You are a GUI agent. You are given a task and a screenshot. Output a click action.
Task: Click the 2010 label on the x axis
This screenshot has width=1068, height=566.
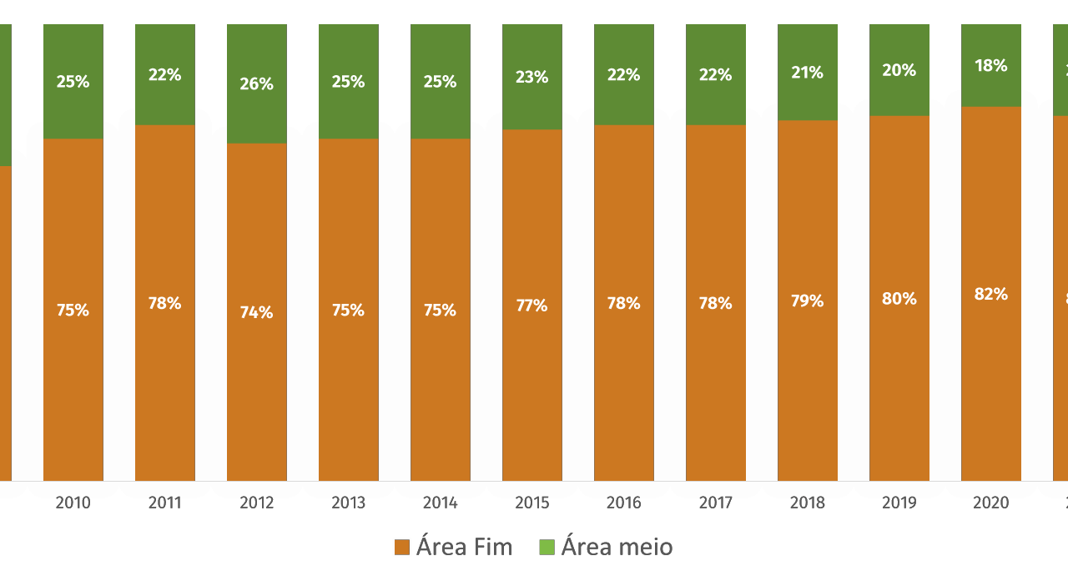(73, 503)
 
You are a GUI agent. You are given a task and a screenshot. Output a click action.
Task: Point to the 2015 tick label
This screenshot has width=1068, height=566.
(532, 503)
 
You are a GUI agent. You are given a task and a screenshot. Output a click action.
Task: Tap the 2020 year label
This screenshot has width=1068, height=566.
(991, 503)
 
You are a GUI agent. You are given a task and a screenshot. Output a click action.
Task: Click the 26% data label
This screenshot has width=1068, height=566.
(257, 84)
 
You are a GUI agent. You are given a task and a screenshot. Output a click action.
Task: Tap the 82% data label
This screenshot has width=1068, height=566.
(991, 295)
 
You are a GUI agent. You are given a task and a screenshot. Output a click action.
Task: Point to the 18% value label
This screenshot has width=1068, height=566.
(991, 66)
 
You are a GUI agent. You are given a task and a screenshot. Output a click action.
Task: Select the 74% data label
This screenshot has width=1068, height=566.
(257, 313)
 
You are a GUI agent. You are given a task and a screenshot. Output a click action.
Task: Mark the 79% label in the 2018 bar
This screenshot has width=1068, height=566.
(808, 301)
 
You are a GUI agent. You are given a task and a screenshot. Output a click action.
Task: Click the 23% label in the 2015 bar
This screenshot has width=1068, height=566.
(532, 78)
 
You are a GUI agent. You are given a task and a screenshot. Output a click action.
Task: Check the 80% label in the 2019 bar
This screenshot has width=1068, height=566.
(899, 299)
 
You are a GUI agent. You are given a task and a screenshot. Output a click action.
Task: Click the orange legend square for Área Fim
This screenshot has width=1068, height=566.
(402, 548)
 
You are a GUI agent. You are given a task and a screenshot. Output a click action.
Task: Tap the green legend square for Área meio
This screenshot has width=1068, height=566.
(547, 548)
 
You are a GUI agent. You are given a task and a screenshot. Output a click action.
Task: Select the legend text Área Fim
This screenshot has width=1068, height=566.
(465, 547)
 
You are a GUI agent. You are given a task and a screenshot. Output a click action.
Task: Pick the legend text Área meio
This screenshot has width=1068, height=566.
(617, 547)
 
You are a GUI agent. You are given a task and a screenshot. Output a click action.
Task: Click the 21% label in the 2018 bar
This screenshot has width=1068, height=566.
(808, 73)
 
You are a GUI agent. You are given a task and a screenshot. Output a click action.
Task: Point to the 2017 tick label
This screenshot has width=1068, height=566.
(716, 503)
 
